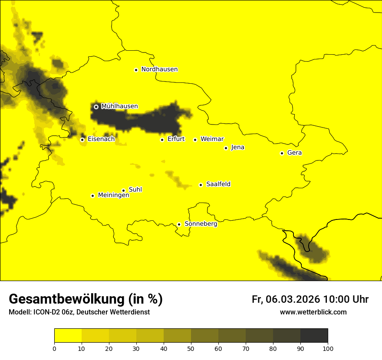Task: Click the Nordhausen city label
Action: tap(159, 69)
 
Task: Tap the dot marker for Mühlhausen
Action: tap(96, 107)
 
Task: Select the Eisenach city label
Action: tap(101, 139)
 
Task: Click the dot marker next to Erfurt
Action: tap(162, 140)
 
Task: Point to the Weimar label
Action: tap(212, 139)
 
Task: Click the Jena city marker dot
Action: tap(226, 148)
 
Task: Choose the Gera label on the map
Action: tap(294, 153)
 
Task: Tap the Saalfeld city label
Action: tap(218, 184)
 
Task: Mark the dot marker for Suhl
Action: tap(123, 190)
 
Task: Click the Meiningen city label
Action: tap(113, 196)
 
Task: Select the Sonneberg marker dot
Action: tap(179, 224)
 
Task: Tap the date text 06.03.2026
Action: tap(293, 299)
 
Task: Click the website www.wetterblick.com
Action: tap(313, 312)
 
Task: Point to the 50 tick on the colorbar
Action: tap(191, 348)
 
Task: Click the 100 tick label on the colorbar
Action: tap(328, 348)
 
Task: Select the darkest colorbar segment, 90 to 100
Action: tap(314, 336)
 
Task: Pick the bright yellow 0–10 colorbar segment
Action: tap(68, 336)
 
